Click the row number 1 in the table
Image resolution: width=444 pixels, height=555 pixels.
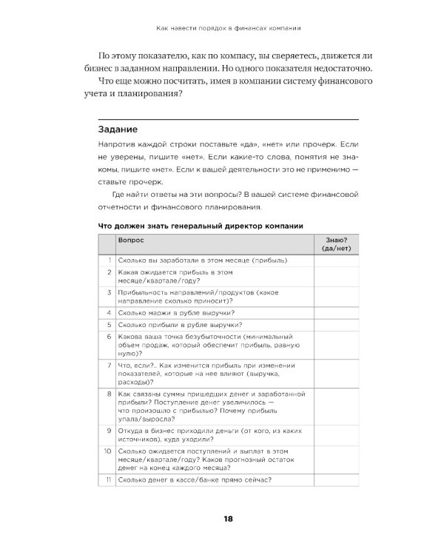tap(109, 260)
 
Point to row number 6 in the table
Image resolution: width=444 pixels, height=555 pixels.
tap(109, 336)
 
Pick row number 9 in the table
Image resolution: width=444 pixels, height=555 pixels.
tap(109, 429)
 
